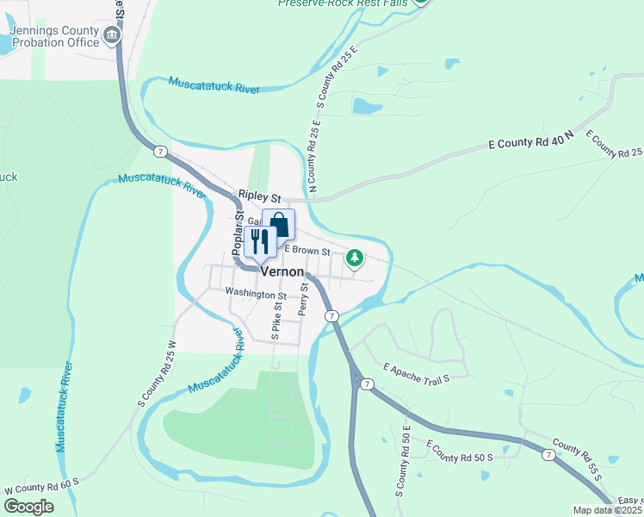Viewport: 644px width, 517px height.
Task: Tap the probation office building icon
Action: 112,35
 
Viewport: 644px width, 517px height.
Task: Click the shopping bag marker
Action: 280,226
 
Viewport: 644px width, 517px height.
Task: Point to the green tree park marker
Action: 354,257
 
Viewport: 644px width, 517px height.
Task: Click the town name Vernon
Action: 282,271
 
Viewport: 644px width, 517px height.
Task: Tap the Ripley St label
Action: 260,197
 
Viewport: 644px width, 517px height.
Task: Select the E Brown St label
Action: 308,252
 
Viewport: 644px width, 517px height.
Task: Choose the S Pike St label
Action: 276,318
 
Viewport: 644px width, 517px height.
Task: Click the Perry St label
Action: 303,296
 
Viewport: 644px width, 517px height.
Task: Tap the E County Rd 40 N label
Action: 530,141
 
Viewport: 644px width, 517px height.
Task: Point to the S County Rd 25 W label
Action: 157,374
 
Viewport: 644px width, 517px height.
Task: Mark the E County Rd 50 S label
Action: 460,451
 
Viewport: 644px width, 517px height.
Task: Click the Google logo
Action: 29,507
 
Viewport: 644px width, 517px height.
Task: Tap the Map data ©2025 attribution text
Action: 607,510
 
